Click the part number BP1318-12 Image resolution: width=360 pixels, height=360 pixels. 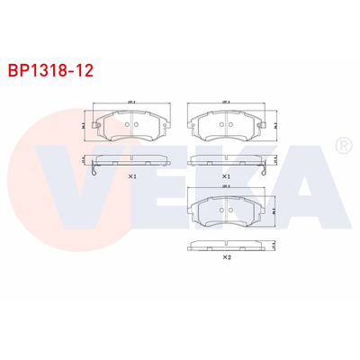(51, 67)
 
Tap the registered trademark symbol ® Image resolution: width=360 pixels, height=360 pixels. (342, 146)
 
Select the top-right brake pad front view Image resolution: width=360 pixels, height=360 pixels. (225, 127)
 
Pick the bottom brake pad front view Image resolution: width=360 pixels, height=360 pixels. (225, 212)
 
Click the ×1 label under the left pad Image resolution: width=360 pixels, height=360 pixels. (131, 176)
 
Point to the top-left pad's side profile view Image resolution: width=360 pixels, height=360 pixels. (131, 160)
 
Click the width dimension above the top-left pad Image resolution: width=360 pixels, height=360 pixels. (131, 103)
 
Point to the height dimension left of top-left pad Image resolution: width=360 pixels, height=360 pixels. (84, 127)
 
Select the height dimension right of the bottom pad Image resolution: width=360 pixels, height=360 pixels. (273, 211)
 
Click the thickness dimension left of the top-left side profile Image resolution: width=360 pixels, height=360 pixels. (84, 159)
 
